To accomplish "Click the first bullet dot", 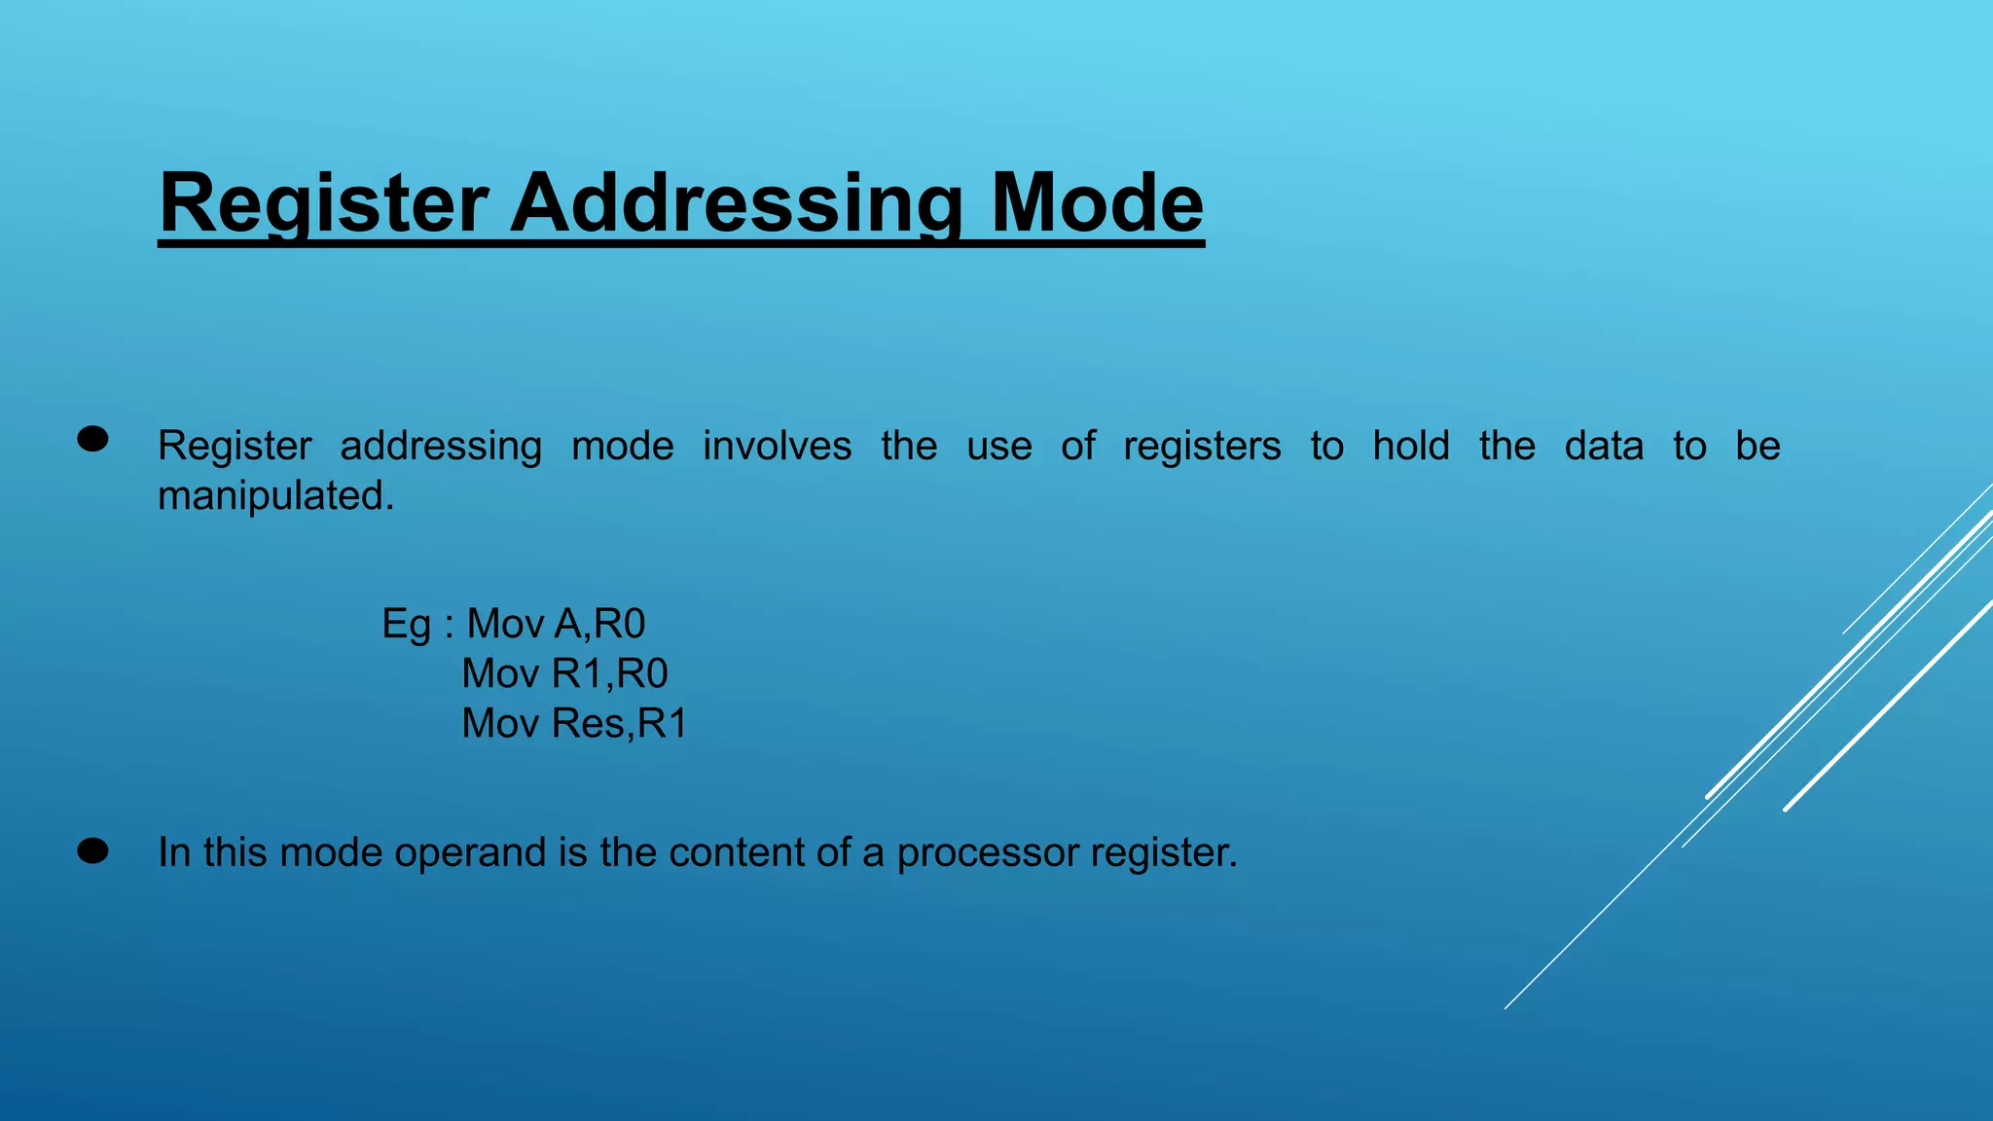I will (92, 440).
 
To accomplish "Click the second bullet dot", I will (92, 851).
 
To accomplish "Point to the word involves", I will (777, 446).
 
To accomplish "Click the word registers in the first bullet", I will (1202, 446).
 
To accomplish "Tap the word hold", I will (1411, 446).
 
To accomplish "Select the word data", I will (1604, 446).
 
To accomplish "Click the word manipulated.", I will (275, 496).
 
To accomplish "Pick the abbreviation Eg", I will (406, 625).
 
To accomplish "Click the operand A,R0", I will (599, 624).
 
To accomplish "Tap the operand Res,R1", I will (619, 723).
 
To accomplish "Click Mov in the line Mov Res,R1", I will (500, 723).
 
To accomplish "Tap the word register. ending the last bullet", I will (1163, 852).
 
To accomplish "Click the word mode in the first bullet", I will (622, 446).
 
